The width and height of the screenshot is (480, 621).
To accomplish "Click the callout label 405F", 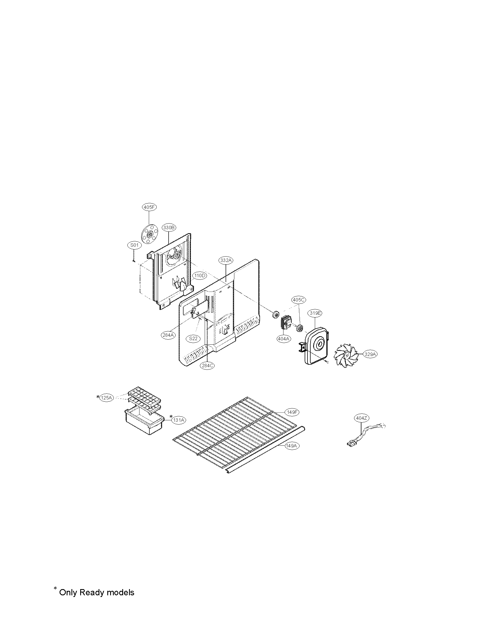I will [149, 207].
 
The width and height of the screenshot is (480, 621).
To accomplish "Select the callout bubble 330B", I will [169, 228].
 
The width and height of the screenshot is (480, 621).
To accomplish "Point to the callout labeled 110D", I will [199, 275].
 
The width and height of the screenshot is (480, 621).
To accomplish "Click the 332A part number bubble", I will [226, 260].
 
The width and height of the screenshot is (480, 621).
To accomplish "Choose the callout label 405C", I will [298, 300].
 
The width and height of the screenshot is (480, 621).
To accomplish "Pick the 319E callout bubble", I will [315, 313].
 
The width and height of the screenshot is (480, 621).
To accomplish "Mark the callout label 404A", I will [284, 339].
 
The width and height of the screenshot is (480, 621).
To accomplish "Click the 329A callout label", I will [370, 354].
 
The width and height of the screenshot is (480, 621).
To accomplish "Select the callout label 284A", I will [168, 335].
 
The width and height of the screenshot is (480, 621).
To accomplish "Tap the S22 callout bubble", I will [193, 338].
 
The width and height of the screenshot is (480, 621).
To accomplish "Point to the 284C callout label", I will [207, 366].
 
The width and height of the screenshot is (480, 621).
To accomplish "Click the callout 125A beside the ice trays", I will [107, 398].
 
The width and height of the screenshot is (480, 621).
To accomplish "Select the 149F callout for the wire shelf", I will [292, 412].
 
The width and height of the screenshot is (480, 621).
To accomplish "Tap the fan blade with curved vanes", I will [346, 355].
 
